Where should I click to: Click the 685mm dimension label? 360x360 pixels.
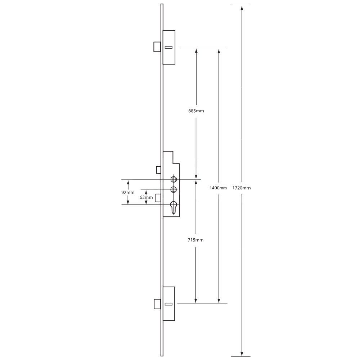pyautogui.click(x=196, y=111)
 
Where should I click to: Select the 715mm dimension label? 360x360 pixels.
pyautogui.click(x=196, y=240)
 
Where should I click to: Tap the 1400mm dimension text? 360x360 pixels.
pyautogui.click(x=218, y=188)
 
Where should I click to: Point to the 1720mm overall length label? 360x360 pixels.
pyautogui.click(x=241, y=188)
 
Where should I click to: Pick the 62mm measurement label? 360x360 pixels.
pyautogui.click(x=146, y=197)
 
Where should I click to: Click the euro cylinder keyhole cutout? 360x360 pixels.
pyautogui.click(x=174, y=207)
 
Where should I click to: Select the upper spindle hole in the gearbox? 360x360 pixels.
pyautogui.click(x=174, y=179)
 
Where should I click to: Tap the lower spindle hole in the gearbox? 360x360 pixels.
pyautogui.click(x=174, y=189)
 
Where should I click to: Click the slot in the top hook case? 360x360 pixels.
pyautogui.click(x=168, y=47)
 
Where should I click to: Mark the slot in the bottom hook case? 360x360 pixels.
pyautogui.click(x=168, y=304)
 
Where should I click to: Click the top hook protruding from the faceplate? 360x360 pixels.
pyautogui.click(x=157, y=47)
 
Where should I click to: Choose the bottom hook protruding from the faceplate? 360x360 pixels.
pyautogui.click(x=157, y=304)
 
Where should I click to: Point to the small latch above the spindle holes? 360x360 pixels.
pyautogui.click(x=158, y=169)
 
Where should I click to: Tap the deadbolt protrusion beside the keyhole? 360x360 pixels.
pyautogui.click(x=158, y=198)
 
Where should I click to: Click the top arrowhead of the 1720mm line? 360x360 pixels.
pyautogui.click(x=242, y=8)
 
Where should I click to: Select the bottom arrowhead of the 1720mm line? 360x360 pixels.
pyautogui.click(x=242, y=354)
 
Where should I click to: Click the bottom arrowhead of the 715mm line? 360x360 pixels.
pyautogui.click(x=196, y=301)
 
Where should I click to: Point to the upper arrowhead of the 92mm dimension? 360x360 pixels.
pyautogui.click(x=128, y=182)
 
